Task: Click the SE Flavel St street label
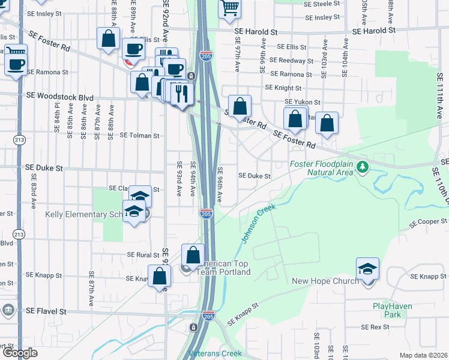(46, 311)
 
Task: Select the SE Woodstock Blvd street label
(59, 95)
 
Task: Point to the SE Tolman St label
(139, 136)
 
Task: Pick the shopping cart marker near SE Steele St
(229, 8)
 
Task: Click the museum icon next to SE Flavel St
(8, 310)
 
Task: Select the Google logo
(19, 353)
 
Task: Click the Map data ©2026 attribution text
(423, 355)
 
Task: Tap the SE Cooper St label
(429, 222)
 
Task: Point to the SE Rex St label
(375, 327)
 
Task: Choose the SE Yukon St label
(302, 102)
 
